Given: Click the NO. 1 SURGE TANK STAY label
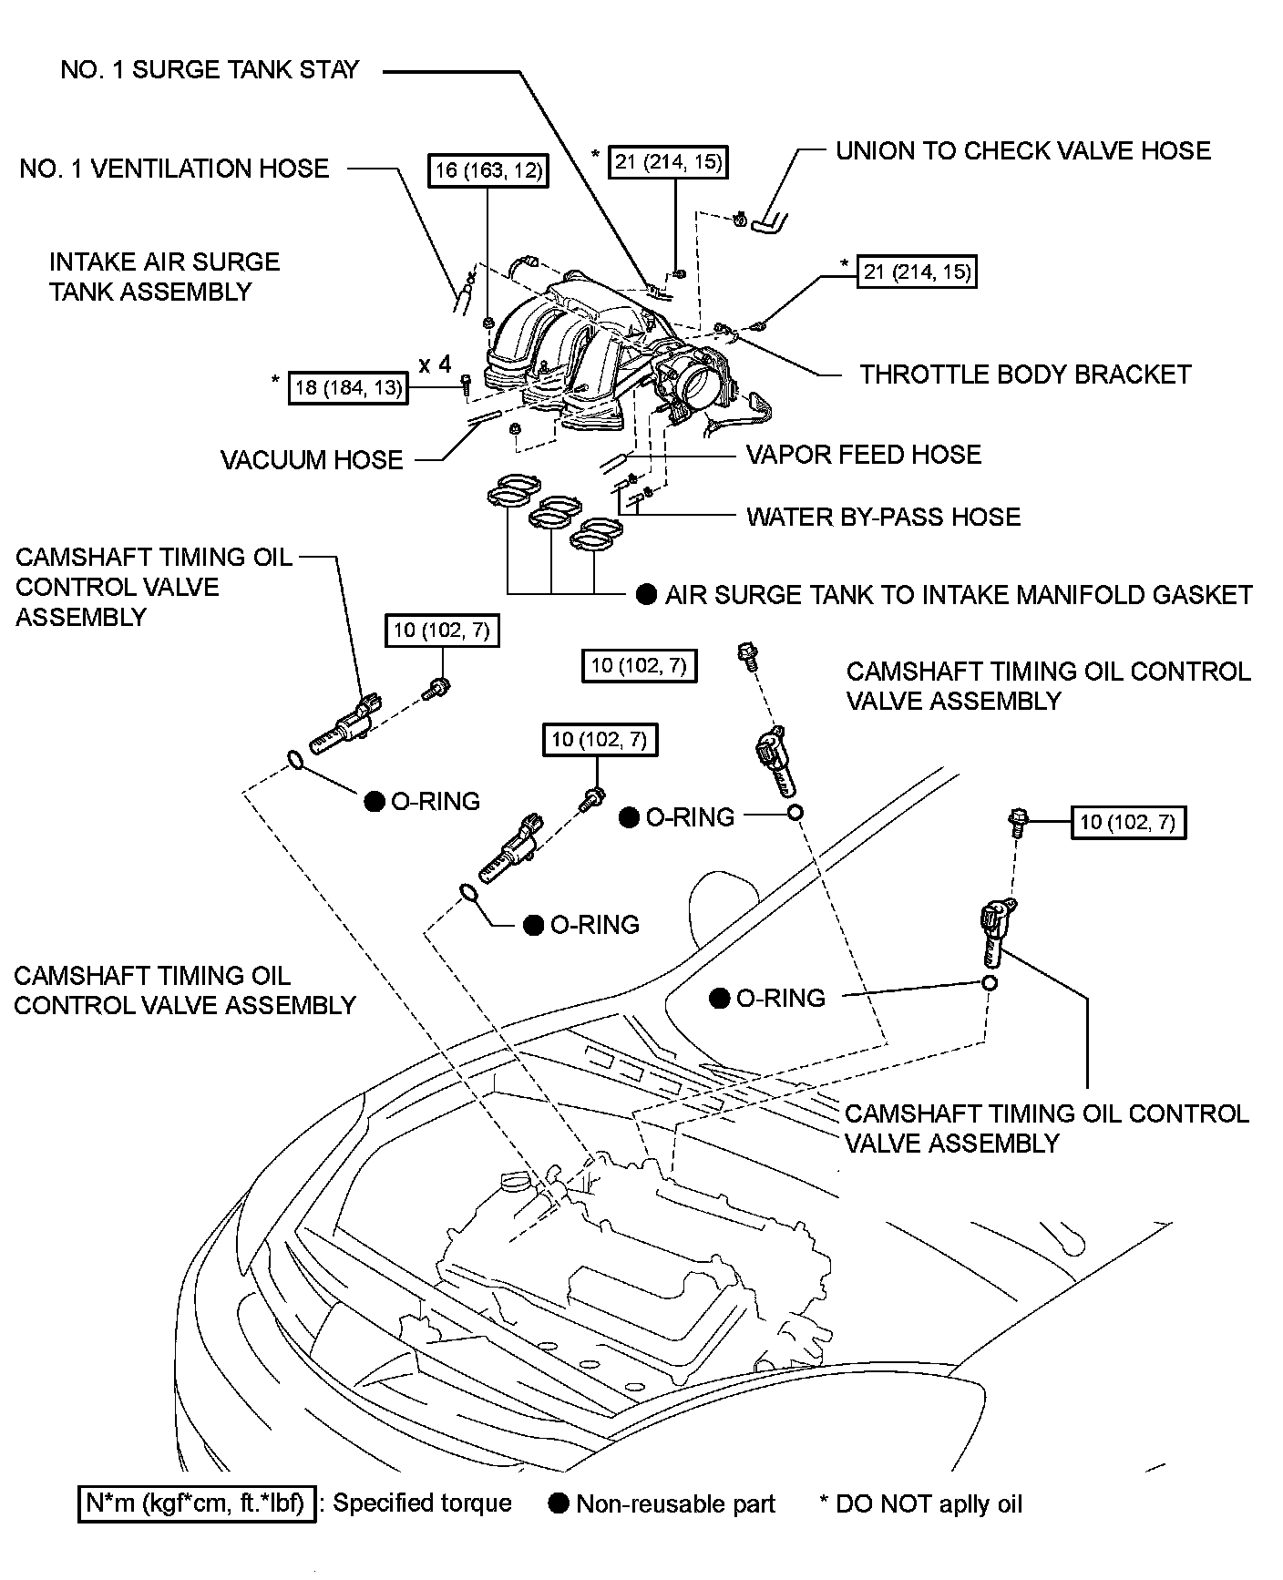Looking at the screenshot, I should [210, 70].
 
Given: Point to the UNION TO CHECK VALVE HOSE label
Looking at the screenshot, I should [1022, 150].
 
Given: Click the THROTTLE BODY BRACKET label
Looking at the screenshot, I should [1025, 374].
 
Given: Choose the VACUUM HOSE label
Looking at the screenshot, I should [312, 459].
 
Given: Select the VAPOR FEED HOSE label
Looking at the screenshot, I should [863, 455].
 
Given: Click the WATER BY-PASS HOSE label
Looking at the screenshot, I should [883, 518].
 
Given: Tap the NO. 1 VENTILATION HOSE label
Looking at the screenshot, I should [174, 169].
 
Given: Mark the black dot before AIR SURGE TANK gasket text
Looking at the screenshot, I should [646, 595].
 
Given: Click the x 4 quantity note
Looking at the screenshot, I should [435, 365].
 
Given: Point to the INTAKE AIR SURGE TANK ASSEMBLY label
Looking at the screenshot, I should [164, 277].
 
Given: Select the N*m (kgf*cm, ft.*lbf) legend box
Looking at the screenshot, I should [196, 1503].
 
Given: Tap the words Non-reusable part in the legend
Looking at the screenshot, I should [675, 1503].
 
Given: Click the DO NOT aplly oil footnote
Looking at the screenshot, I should [920, 1503].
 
